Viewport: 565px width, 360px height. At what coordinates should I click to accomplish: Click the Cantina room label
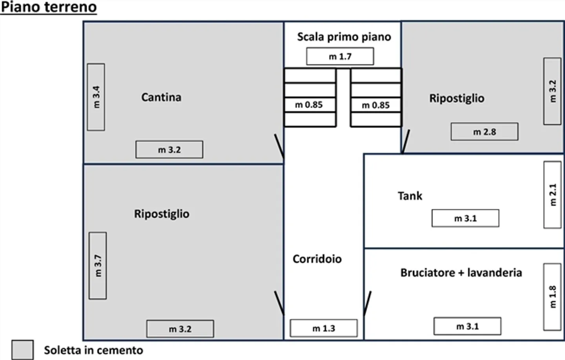click(x=161, y=97)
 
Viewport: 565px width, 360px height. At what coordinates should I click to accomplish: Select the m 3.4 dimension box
click(x=96, y=97)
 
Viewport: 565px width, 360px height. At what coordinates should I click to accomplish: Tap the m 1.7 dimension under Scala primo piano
click(x=340, y=57)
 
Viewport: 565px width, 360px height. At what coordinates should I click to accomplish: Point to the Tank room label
click(x=410, y=196)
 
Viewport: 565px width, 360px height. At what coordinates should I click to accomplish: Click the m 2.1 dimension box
click(x=552, y=195)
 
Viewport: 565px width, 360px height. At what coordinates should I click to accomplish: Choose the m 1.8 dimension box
click(x=552, y=297)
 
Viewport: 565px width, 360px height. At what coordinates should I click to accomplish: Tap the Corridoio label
click(x=317, y=259)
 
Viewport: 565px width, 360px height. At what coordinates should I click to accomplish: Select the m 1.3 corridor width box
click(x=324, y=328)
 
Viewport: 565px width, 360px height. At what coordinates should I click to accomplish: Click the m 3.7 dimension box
click(x=98, y=266)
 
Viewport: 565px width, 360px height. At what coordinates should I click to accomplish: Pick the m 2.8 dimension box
click(x=484, y=132)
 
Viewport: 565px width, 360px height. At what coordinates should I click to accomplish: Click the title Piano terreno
click(x=49, y=7)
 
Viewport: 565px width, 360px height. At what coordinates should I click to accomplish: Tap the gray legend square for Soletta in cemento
click(x=22, y=350)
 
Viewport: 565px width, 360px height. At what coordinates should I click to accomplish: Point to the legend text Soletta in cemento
click(x=93, y=350)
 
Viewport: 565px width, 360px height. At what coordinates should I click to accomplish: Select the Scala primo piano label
click(x=344, y=37)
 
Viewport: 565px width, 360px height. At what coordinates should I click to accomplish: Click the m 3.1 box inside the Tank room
click(x=465, y=218)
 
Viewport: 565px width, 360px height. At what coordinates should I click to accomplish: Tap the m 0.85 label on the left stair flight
click(x=309, y=105)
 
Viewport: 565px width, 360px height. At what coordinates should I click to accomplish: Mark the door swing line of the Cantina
click(x=279, y=148)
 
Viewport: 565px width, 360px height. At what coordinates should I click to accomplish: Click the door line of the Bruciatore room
click(x=368, y=303)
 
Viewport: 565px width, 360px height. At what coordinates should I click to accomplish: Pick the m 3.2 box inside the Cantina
click(x=169, y=150)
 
